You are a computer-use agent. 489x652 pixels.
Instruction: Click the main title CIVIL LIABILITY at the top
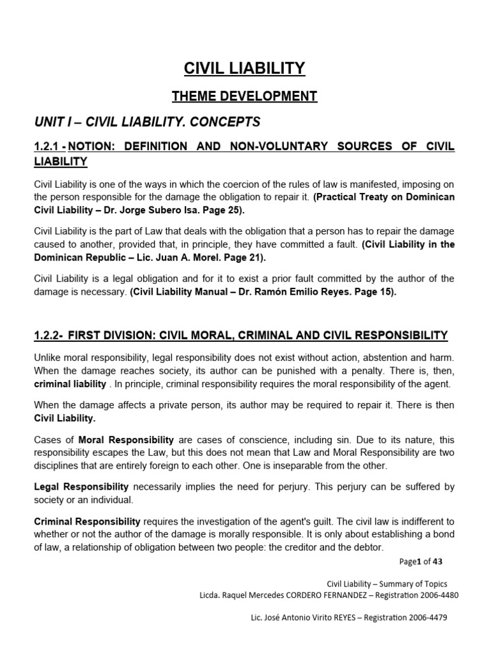point(244,68)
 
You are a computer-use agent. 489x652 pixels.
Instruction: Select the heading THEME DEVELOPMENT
point(244,96)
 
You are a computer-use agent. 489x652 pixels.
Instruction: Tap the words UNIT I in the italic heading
point(52,122)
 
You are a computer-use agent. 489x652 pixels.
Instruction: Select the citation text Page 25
point(223,209)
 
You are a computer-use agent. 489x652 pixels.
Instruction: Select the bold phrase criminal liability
point(70,384)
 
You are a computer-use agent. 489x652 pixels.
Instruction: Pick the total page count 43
point(437,561)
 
